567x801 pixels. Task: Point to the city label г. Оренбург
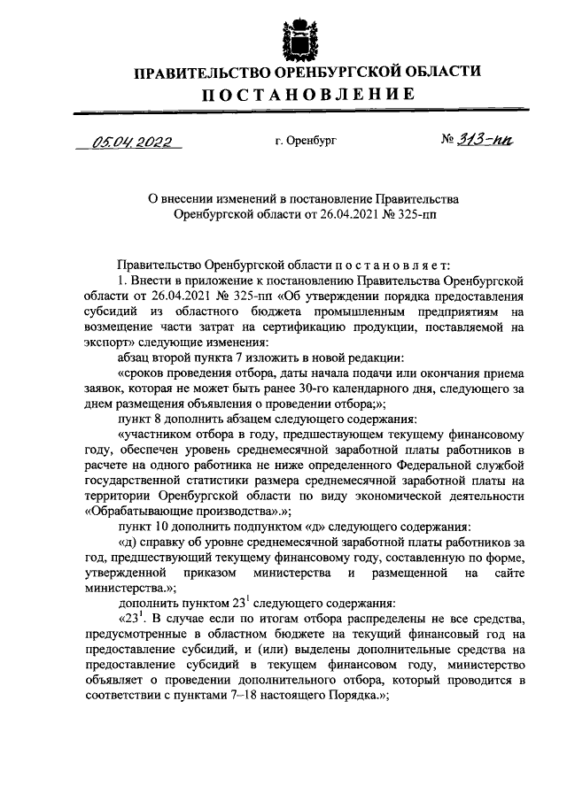306,140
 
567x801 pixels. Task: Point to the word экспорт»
113,343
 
